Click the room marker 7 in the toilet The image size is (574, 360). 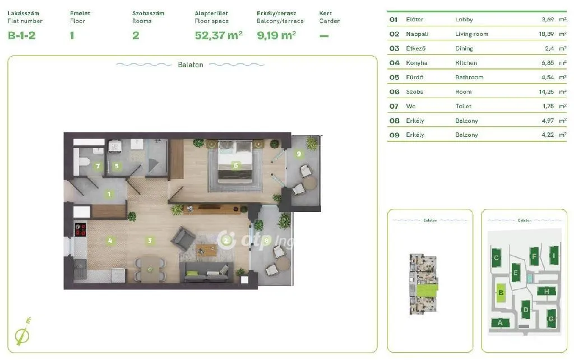tap(98, 166)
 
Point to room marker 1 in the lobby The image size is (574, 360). tap(109, 195)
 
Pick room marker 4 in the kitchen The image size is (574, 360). tap(110, 241)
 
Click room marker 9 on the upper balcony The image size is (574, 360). tap(299, 154)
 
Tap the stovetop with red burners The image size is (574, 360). tap(81, 229)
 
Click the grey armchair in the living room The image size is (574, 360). tap(182, 239)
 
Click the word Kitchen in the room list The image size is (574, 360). tap(466, 63)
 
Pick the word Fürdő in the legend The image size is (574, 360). tap(414, 77)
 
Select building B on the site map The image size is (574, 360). tap(502, 292)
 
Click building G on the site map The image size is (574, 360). tap(551, 319)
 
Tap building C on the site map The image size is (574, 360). tap(496, 259)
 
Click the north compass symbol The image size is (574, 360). tap(22, 333)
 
